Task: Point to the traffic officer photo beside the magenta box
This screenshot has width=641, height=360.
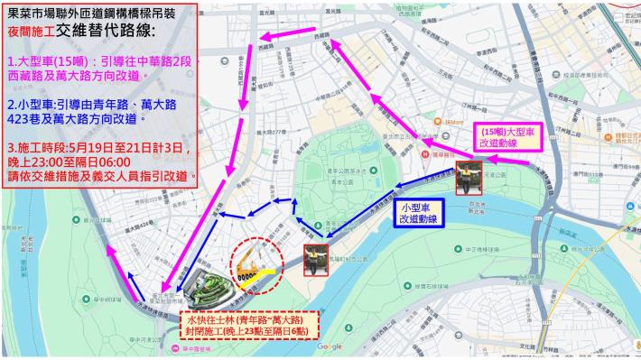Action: coord(468,177)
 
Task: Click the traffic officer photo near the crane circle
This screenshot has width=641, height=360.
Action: coord(315,256)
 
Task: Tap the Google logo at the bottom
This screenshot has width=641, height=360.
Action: coord(330,347)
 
